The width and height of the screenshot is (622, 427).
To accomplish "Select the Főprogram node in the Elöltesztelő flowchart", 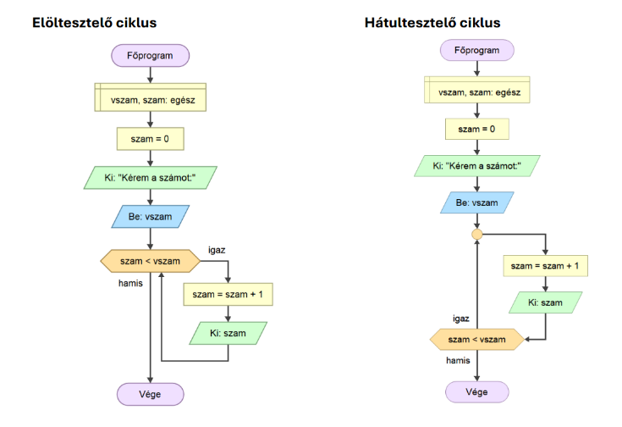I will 150,56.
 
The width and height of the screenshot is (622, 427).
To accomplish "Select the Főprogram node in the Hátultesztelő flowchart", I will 476,50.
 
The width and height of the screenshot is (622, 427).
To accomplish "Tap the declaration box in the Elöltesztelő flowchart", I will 150,99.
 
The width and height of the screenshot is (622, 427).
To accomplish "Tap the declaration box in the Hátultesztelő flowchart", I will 476,91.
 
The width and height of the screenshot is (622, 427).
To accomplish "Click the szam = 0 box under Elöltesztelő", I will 150,138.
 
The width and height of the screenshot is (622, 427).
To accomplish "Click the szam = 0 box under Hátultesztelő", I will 476,129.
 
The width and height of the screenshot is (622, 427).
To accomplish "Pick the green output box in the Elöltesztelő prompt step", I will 150,177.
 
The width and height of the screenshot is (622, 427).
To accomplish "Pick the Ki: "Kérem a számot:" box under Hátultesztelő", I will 476,166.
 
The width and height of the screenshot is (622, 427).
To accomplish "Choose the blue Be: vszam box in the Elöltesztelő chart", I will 150,217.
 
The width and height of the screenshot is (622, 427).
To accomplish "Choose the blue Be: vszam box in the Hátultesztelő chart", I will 476,203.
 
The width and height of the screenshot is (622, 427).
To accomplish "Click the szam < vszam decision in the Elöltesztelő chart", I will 151,261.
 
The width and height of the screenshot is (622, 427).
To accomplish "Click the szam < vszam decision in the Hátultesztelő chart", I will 476,340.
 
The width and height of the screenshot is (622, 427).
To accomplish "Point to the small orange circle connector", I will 476,234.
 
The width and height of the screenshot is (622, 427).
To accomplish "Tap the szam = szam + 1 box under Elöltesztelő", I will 228,294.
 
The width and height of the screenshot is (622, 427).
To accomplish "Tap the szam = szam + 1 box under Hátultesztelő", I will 545,266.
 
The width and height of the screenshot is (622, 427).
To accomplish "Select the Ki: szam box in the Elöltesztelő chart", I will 228,333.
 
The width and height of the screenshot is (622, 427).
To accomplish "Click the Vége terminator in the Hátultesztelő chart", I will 476,391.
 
